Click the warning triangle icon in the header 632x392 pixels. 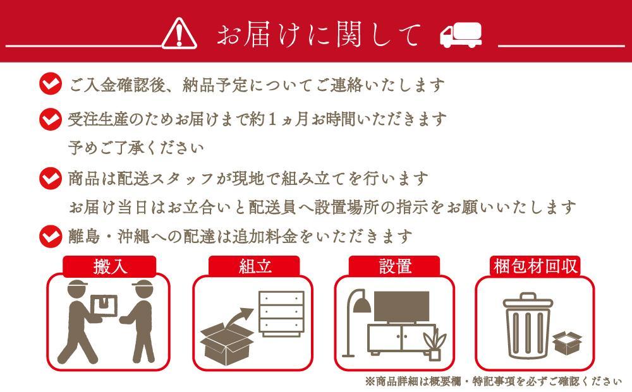coord(179,33)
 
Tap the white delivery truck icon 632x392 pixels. coord(461,35)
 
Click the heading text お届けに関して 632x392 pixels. coord(319,34)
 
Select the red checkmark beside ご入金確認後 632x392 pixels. coord(51,84)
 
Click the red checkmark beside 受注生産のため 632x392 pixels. coord(51,119)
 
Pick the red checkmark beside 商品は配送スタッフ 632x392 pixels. coord(51,178)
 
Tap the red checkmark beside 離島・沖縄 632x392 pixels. coord(51,236)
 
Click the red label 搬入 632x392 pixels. coord(109,266)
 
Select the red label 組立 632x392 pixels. coord(254,266)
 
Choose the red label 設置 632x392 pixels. coord(394,266)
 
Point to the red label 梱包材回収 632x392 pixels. coord(535,266)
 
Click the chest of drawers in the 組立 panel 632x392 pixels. coord(281,314)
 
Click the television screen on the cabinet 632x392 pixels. coord(401,306)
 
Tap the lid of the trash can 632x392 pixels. coord(528,301)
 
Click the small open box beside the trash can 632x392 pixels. coord(567,343)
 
